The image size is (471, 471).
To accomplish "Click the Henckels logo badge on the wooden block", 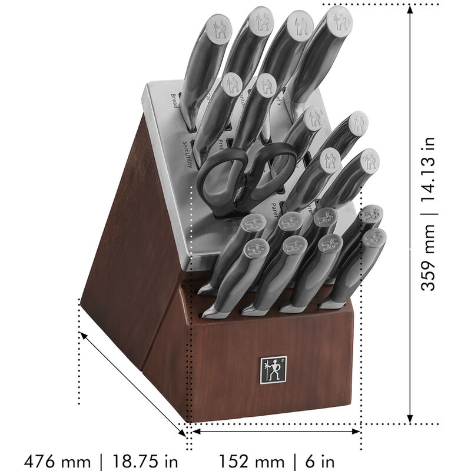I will [273, 370].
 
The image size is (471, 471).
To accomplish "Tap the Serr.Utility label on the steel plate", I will [187, 154].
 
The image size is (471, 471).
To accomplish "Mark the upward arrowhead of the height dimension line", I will [410, 9].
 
